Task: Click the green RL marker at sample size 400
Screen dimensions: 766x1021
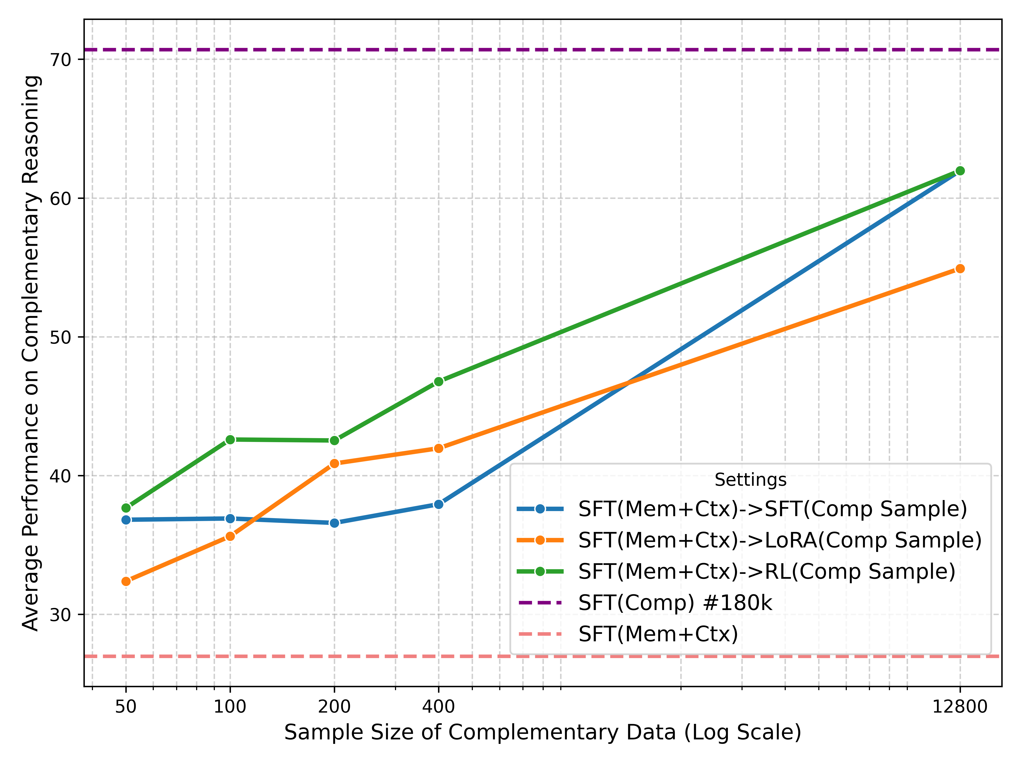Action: tap(438, 381)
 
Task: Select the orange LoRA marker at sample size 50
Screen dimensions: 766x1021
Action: tap(126, 581)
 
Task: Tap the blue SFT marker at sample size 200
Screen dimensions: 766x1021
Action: tap(334, 523)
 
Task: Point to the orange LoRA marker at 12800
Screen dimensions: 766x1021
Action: tap(960, 269)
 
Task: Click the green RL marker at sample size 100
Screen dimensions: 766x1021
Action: tap(230, 440)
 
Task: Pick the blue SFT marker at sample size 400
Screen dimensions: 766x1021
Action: tap(438, 504)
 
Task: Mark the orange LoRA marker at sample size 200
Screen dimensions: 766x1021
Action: tap(334, 463)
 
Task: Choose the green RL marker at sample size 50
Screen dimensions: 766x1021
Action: tap(126, 508)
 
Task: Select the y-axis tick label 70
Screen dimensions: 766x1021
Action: tap(60, 60)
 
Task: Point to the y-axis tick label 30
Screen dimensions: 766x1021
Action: tap(60, 615)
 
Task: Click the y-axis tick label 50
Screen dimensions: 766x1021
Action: tap(60, 337)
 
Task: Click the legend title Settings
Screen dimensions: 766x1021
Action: tap(750, 480)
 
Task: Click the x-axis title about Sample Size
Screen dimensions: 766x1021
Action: tap(542, 733)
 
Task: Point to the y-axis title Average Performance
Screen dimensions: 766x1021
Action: tap(31, 353)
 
